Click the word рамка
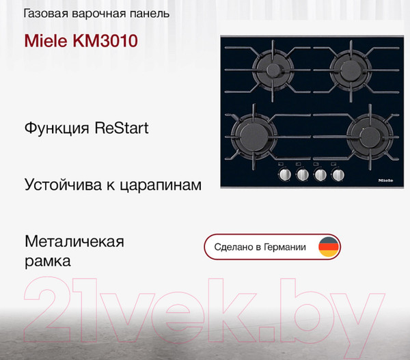click(x=47, y=260)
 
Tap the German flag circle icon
click(x=329, y=247)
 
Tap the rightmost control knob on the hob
click(x=337, y=176)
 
